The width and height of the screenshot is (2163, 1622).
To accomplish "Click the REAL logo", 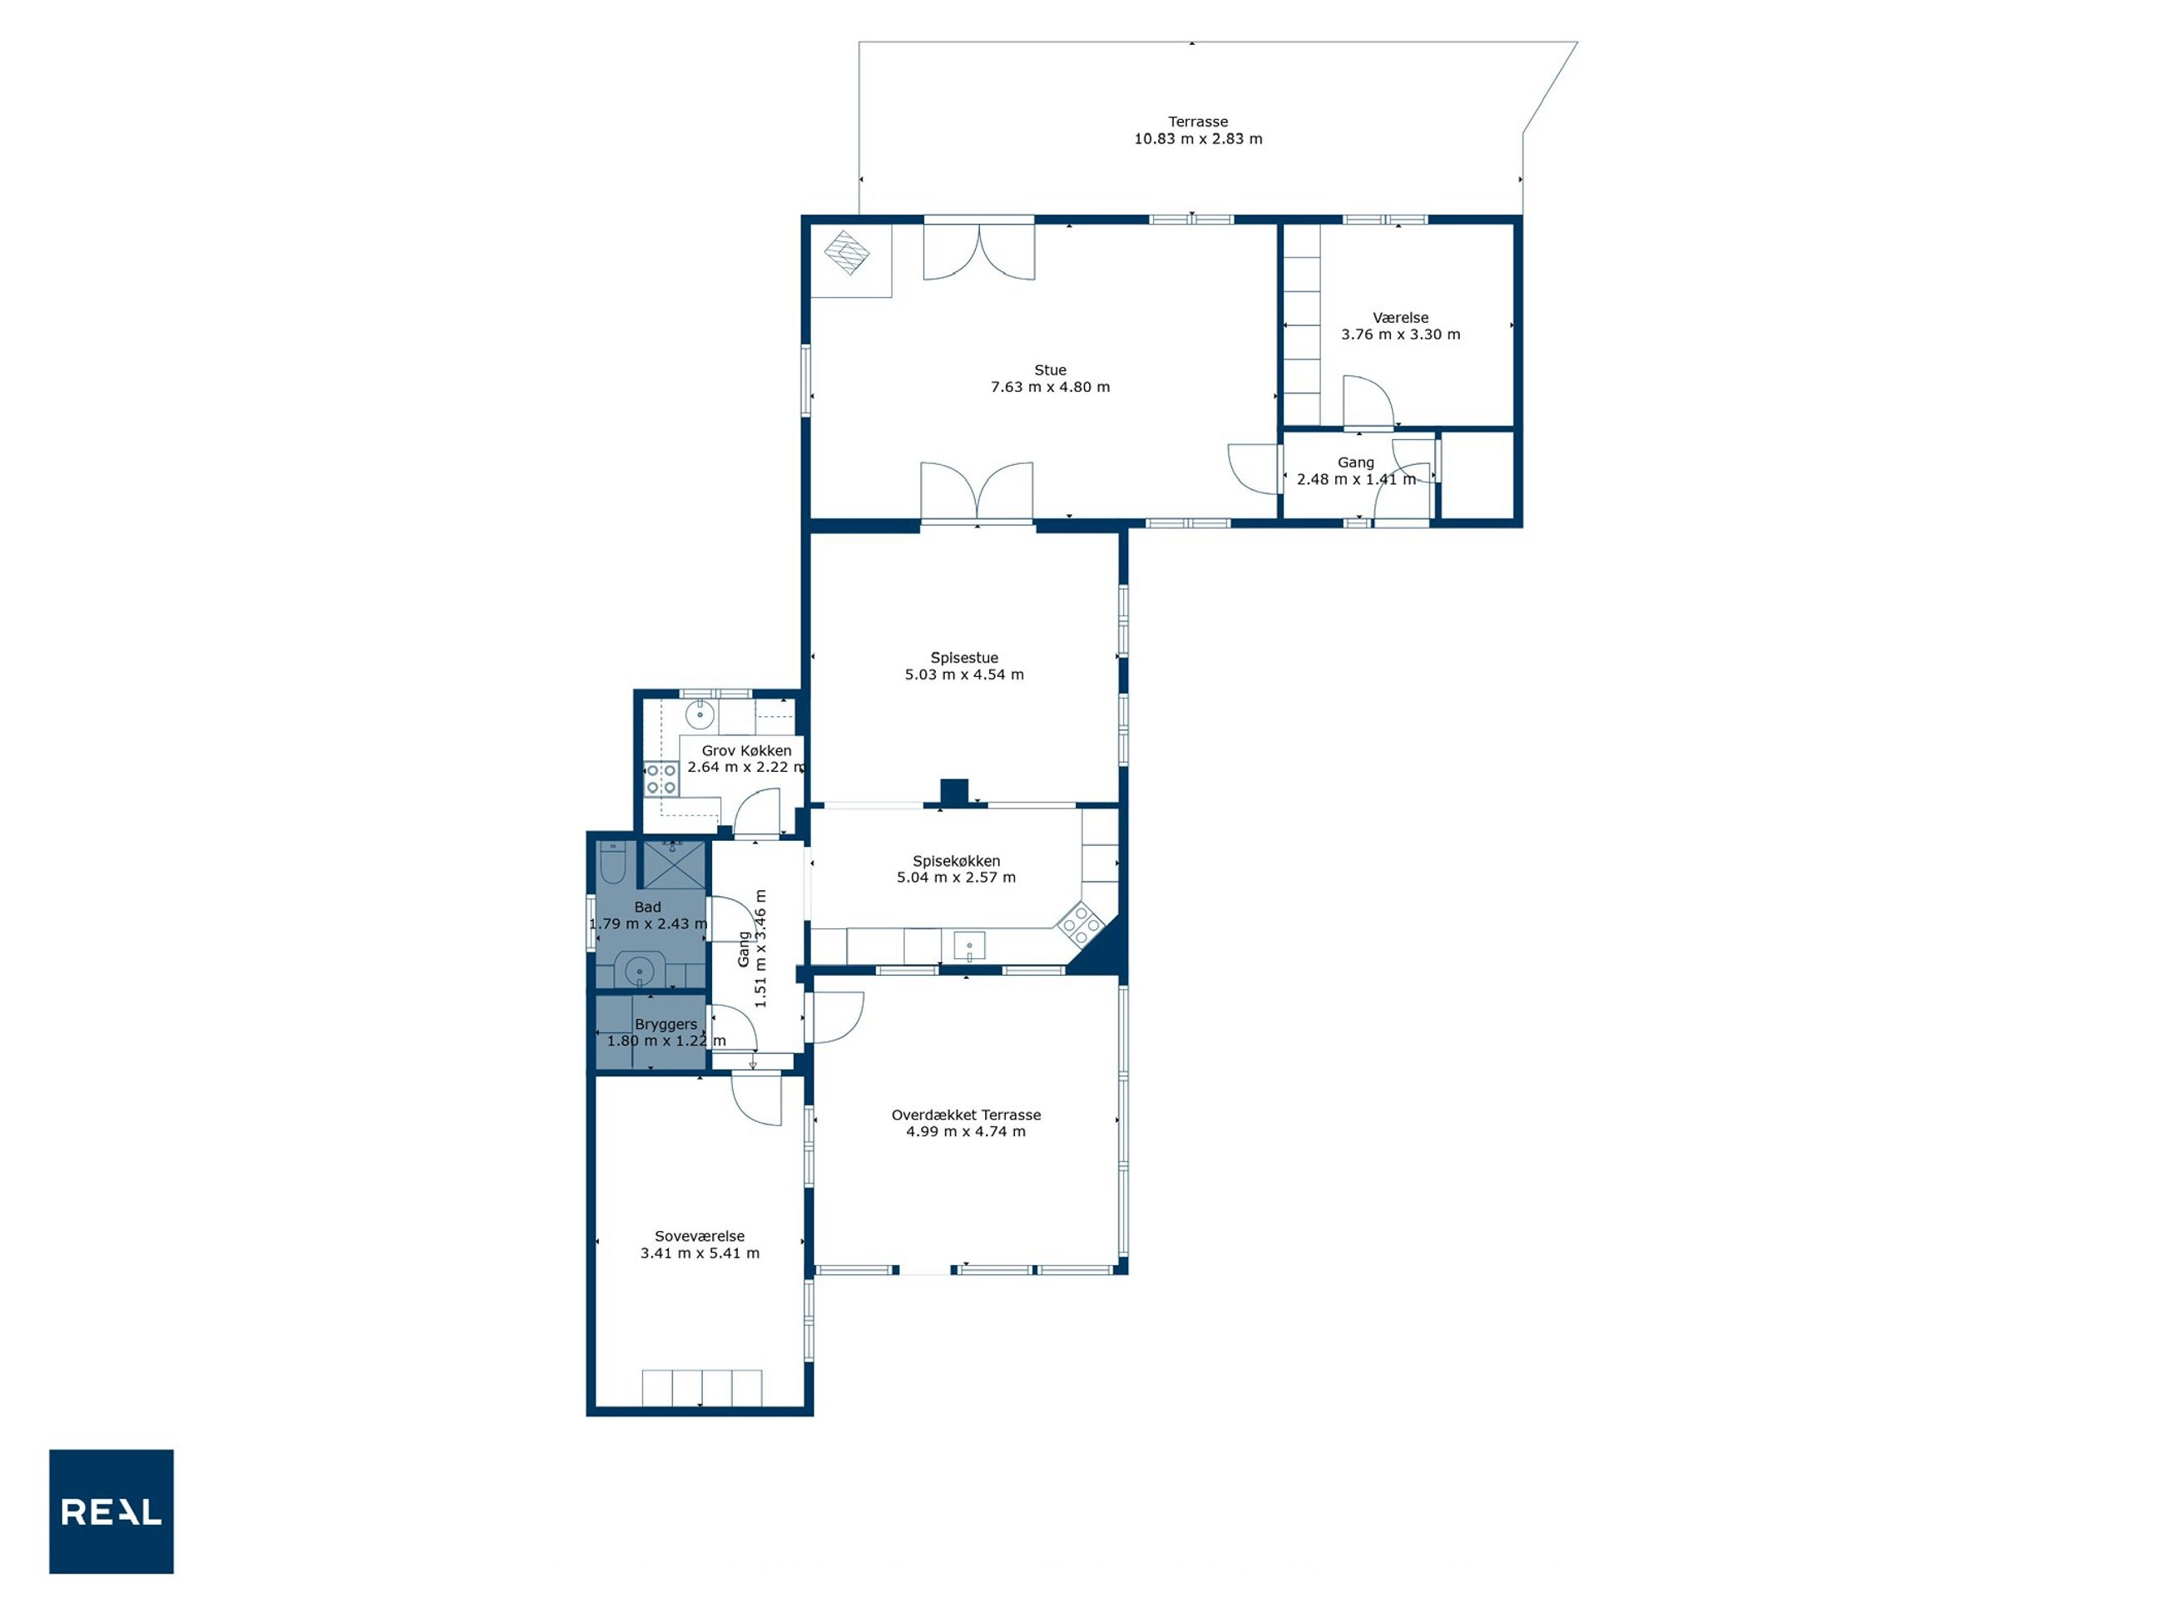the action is pyautogui.click(x=111, y=1511).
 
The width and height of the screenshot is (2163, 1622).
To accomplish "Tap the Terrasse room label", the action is pyautogui.click(x=1198, y=122).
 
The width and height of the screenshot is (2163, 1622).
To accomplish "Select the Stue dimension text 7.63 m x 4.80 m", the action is pyautogui.click(x=1050, y=387).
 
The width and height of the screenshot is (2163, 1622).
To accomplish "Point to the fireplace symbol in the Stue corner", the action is pyautogui.click(x=847, y=252).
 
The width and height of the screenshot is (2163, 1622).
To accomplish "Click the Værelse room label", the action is pyautogui.click(x=1400, y=318).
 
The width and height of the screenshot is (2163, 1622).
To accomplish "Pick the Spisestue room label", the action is pyautogui.click(x=964, y=658).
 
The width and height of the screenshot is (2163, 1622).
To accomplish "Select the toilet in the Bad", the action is pyautogui.click(x=612, y=862).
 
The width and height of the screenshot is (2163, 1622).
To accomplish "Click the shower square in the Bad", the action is pyautogui.click(x=673, y=864).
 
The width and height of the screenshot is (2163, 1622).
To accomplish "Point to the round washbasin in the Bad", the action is pyautogui.click(x=639, y=972).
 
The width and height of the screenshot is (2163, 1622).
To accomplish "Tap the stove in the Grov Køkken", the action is pyautogui.click(x=661, y=779).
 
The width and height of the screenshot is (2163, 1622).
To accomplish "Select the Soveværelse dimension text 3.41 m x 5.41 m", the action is pyautogui.click(x=700, y=1254).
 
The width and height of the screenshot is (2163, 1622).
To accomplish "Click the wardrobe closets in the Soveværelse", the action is pyautogui.click(x=702, y=1388).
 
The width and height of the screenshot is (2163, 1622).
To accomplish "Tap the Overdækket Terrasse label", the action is pyautogui.click(x=966, y=1115).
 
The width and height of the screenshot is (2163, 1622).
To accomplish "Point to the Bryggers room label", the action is pyautogui.click(x=666, y=1025).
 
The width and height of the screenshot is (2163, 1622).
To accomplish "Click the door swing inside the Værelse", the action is pyautogui.click(x=1368, y=401).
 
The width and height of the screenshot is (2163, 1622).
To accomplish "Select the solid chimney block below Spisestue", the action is pyautogui.click(x=953, y=792).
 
